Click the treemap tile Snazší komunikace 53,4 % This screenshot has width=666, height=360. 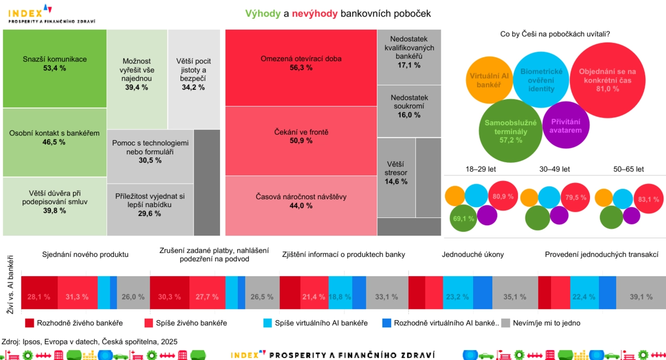coord(55,68)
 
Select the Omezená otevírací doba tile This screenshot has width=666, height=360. coord(301,68)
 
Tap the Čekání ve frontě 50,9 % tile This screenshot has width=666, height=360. coord(301,140)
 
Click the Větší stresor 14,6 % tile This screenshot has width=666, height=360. coord(396,177)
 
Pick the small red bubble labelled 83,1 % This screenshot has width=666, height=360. coord(647,199)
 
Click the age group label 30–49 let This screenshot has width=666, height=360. coord(555,169)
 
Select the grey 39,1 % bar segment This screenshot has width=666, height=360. coord(641,297)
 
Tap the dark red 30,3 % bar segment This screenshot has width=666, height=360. coord(169,297)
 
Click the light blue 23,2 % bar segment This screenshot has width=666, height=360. coord(457,297)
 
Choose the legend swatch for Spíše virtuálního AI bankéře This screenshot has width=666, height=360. coord(268,323)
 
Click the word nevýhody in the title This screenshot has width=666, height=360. coord(315,14)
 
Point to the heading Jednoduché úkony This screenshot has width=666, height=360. coord(472,254)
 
